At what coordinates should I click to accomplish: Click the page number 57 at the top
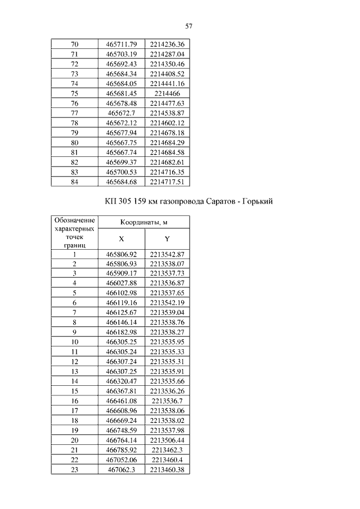(x=189, y=26)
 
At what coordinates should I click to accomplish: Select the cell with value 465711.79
(x=121, y=44)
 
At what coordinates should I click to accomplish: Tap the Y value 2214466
(x=167, y=93)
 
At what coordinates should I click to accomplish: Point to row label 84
(x=75, y=181)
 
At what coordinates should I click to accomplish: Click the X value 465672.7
(x=121, y=112)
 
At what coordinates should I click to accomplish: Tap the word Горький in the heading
(x=258, y=202)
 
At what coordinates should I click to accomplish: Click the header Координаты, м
(x=145, y=223)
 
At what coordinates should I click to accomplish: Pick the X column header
(x=121, y=239)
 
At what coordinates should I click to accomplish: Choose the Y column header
(x=167, y=239)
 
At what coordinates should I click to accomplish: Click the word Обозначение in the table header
(x=75, y=219)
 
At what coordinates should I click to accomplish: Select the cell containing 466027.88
(x=121, y=283)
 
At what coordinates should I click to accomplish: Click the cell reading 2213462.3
(x=167, y=449)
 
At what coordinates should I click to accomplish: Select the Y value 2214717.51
(x=167, y=181)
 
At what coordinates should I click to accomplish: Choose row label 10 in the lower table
(x=75, y=341)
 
